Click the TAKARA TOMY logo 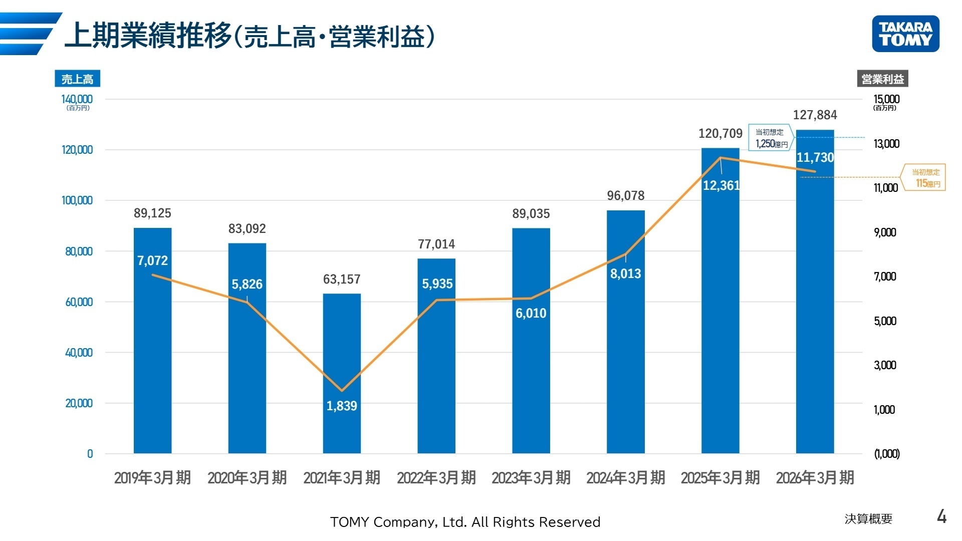(905, 34)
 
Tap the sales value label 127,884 (815, 115)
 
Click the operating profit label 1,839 (342, 406)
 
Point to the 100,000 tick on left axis (77, 200)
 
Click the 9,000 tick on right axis (885, 232)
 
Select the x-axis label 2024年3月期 (625, 478)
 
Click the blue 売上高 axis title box (77, 79)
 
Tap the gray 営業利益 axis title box (882, 79)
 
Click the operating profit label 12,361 (720, 186)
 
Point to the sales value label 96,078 (625, 196)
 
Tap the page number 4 (941, 516)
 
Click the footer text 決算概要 (868, 519)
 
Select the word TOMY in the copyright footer (350, 522)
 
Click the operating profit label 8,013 (625, 274)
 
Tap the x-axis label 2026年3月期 (815, 478)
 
